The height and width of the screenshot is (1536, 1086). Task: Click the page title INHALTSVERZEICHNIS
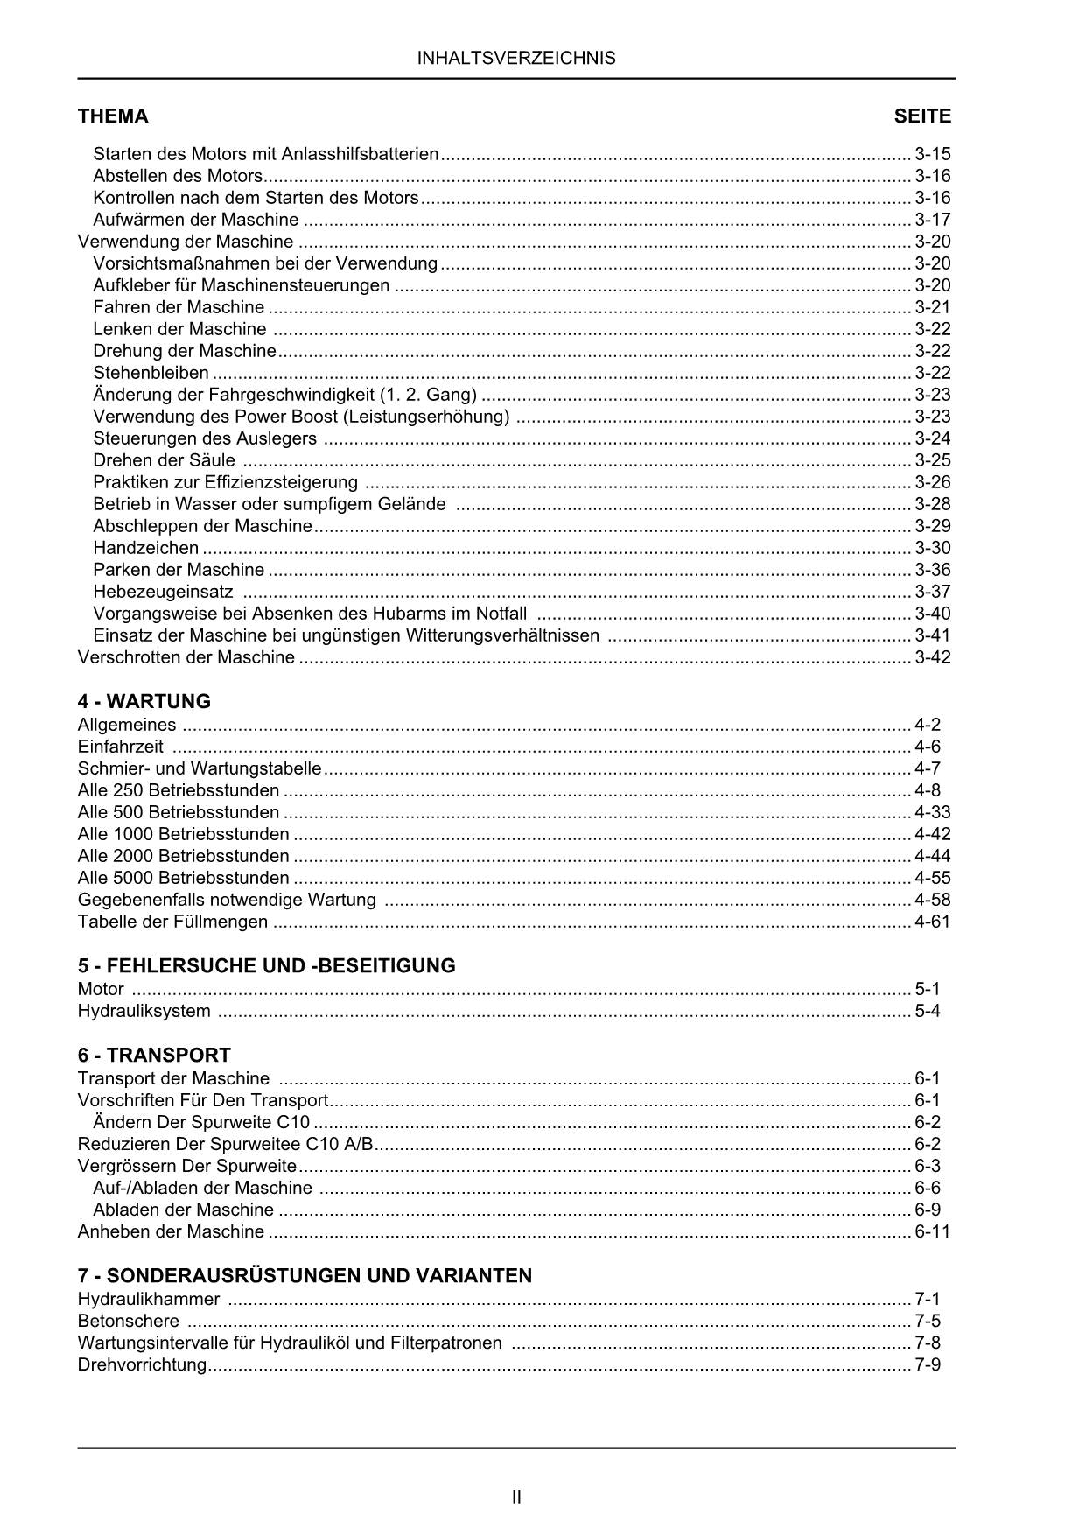pyautogui.click(x=516, y=59)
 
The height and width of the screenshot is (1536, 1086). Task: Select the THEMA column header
pyautogui.click(x=113, y=116)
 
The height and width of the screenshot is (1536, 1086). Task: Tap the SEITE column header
pyautogui.click(x=922, y=116)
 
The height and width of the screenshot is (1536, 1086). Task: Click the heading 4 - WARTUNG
pyautogui.click(x=144, y=701)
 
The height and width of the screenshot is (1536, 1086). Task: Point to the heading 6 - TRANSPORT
pyautogui.click(x=154, y=1055)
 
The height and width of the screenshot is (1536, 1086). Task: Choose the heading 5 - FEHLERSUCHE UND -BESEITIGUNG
pyautogui.click(x=267, y=965)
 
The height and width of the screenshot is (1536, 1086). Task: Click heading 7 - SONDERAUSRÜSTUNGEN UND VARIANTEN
pyautogui.click(x=305, y=1275)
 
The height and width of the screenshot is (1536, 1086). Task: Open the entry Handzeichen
pyautogui.click(x=146, y=548)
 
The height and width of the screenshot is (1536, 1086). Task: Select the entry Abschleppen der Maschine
pyautogui.click(x=202, y=526)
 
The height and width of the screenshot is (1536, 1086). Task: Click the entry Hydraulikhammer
pyautogui.click(x=149, y=1299)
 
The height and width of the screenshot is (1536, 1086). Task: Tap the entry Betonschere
pyautogui.click(x=129, y=1321)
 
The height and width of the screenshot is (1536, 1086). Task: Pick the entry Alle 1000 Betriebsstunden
pyautogui.click(x=184, y=834)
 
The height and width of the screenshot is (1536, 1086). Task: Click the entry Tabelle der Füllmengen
pyautogui.click(x=173, y=922)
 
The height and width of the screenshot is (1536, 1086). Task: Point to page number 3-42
pyautogui.click(x=932, y=657)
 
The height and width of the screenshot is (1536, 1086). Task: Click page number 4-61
pyautogui.click(x=932, y=922)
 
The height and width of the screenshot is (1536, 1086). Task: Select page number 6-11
pyautogui.click(x=932, y=1231)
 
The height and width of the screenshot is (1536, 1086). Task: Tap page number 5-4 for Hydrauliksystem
pyautogui.click(x=928, y=1011)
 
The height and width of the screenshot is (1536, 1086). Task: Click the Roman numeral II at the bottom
pyautogui.click(x=516, y=1497)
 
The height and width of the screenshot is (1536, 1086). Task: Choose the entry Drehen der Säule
pyautogui.click(x=165, y=460)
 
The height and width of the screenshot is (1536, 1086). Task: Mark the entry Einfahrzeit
pyautogui.click(x=121, y=747)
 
